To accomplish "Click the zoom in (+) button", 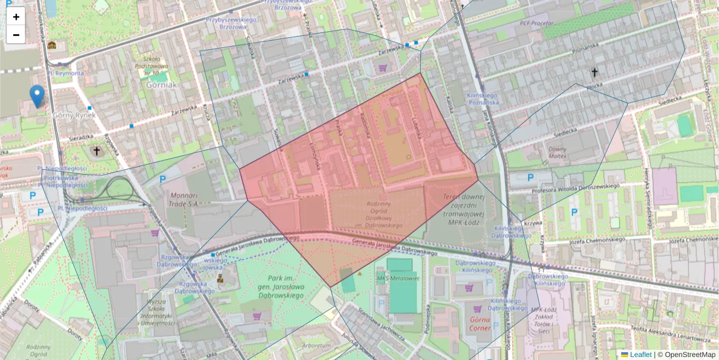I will pyautogui.click(x=16, y=17).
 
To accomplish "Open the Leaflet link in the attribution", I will pyautogui.click(x=640, y=355).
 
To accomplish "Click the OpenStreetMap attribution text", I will pyautogui.click(x=690, y=355).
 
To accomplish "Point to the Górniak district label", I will pyautogui.click(x=161, y=85).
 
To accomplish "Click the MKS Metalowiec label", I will pyautogui.click(x=397, y=278).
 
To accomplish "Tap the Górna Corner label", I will pyautogui.click(x=476, y=324).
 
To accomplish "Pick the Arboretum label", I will pyautogui.click(x=316, y=346).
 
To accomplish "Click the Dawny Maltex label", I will pyautogui.click(x=557, y=153).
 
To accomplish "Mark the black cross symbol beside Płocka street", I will pyautogui.click(x=595, y=73).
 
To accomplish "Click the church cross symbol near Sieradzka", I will pyautogui.click(x=96, y=151).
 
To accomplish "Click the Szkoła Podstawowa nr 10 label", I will pyautogui.click(x=152, y=65).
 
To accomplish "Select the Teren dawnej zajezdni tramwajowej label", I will pyautogui.click(x=463, y=206).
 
